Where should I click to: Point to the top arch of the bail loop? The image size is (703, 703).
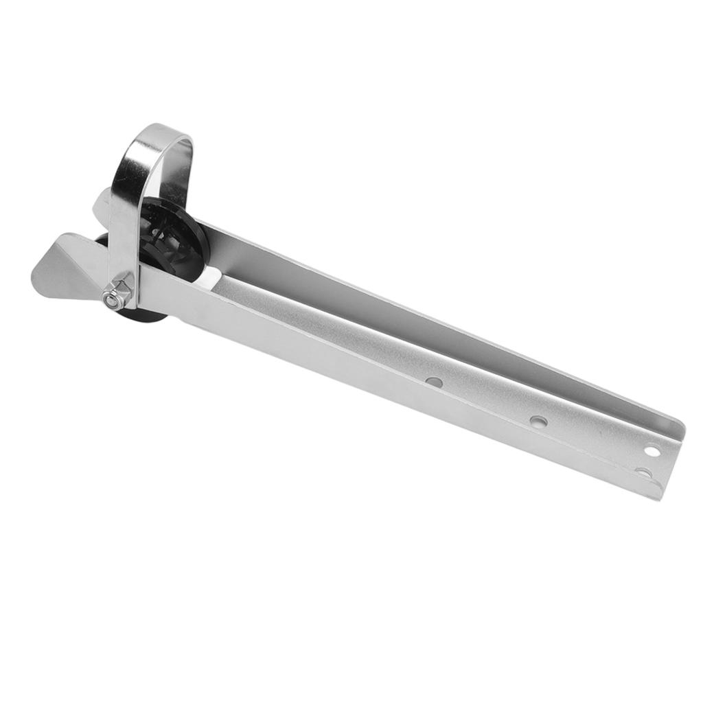coord(160,132)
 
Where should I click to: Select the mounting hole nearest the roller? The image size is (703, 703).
coord(433,380)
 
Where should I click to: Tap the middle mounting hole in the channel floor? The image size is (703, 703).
coord(539,420)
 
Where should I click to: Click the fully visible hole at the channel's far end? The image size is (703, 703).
coord(652,450)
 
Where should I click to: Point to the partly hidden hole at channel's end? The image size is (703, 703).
coord(643,473)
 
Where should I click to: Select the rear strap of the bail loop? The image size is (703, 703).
coord(183,172)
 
